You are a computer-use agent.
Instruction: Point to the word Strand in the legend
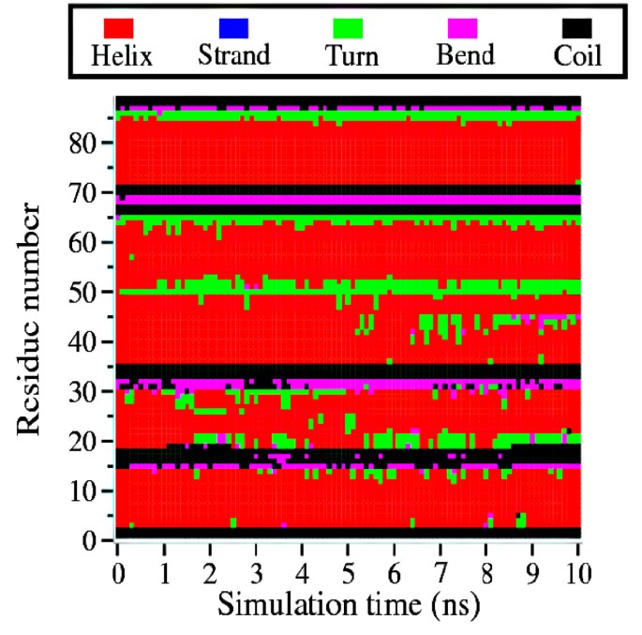[234, 56]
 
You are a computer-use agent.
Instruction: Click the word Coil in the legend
[576, 56]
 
